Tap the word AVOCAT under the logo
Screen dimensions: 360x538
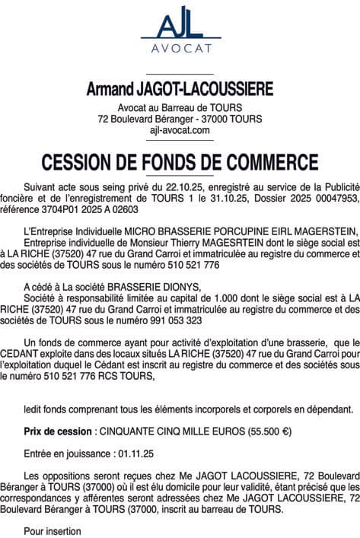pyautogui.click(x=180, y=53)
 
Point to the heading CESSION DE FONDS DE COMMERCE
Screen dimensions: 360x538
pyautogui.click(x=180, y=161)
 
